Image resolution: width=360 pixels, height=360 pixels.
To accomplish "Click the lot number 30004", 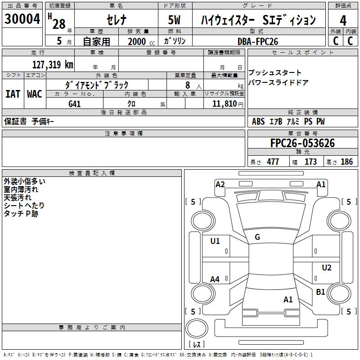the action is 22,19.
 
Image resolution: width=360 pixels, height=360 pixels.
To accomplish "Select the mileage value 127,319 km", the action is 53,64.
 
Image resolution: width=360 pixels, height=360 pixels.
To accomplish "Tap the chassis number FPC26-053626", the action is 302,143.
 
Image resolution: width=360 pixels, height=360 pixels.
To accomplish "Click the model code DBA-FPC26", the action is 258,41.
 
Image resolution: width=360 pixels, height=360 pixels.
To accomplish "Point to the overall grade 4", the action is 343,21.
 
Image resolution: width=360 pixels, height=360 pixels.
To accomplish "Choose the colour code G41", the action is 75,104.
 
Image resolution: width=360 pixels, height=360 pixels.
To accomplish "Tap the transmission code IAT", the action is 13,94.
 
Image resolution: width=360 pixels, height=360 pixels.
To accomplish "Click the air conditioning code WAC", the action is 35,94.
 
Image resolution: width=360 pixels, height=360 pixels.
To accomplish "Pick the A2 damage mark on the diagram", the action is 220,184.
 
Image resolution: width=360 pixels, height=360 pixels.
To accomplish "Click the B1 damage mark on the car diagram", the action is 320,292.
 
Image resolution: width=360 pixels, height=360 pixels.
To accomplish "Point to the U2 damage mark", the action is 327,268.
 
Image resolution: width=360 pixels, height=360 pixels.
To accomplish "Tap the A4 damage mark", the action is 215,279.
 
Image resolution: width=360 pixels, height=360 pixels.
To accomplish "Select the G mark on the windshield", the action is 257,237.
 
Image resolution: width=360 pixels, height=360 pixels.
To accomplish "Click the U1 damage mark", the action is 215,241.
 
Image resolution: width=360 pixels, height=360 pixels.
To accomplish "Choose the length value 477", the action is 273,162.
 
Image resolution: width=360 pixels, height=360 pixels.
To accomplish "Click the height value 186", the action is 346,162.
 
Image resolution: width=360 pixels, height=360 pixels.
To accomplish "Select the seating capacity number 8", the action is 187,85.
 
